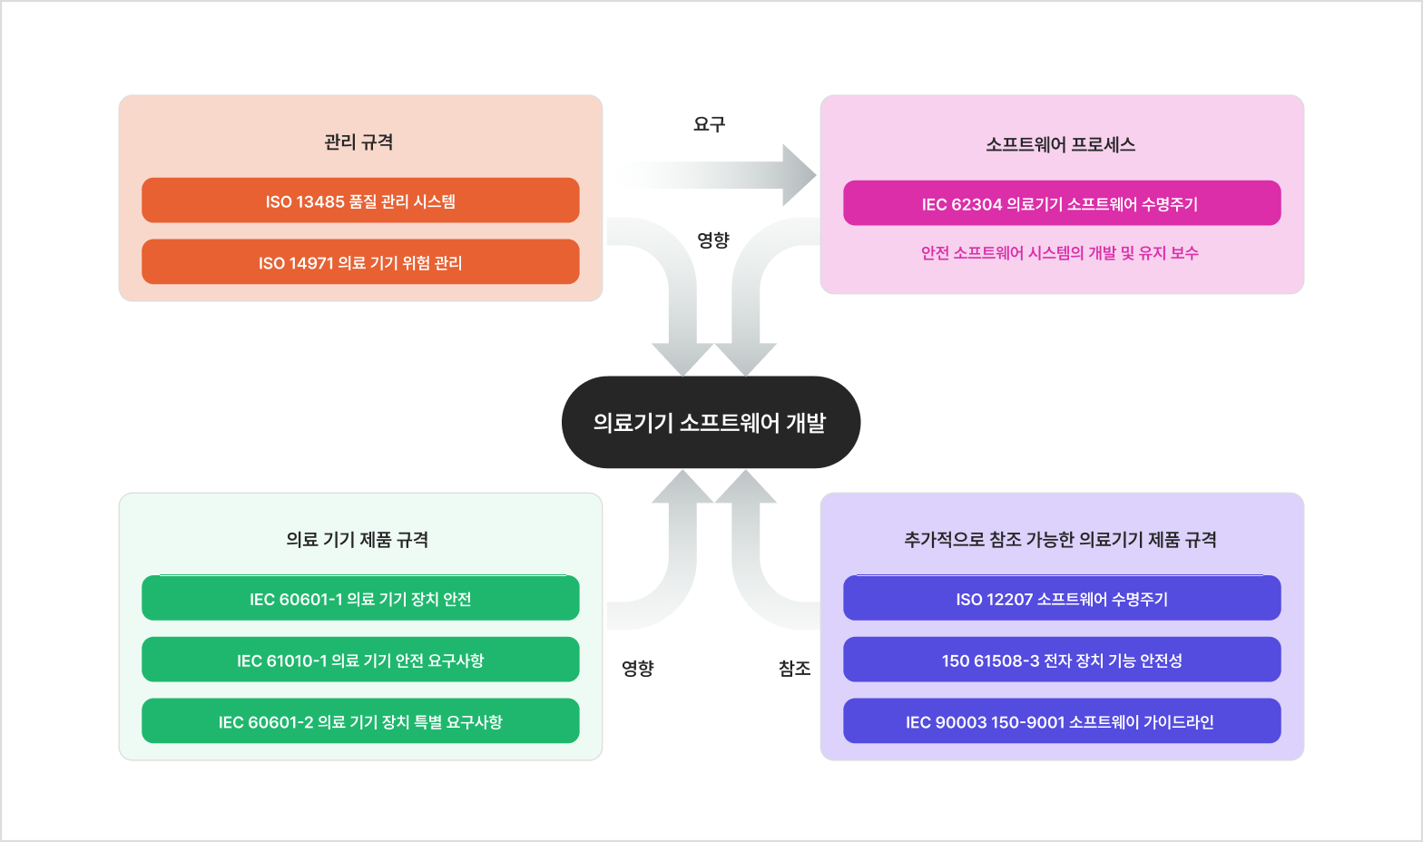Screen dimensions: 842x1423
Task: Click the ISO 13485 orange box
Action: pyautogui.click(x=360, y=201)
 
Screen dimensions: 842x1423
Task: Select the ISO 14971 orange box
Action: pyautogui.click(x=360, y=262)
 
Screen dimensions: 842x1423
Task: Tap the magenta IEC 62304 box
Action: pyautogui.click(x=1061, y=203)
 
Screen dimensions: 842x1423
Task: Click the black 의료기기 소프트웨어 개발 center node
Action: pyautogui.click(x=711, y=423)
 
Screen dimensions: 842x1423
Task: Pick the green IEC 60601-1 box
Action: pyautogui.click(x=360, y=599)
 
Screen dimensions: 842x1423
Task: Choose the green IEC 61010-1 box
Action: pyautogui.click(x=360, y=660)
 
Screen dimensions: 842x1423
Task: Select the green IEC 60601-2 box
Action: pyautogui.click(x=360, y=721)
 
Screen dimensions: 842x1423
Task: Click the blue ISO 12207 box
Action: pyautogui.click(x=1061, y=599)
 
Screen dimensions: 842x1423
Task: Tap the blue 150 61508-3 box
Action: pyautogui.click(x=1061, y=660)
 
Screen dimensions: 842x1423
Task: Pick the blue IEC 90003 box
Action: pyautogui.click(x=1061, y=721)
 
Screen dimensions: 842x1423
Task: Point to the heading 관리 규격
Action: pyautogui.click(x=358, y=142)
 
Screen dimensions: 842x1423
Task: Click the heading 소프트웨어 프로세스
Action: pyautogui.click(x=1060, y=144)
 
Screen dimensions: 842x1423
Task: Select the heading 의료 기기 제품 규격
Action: pyautogui.click(x=358, y=540)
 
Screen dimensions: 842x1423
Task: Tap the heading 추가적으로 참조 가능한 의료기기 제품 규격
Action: pyautogui.click(x=1060, y=540)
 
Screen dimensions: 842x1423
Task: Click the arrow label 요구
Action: pyautogui.click(x=709, y=124)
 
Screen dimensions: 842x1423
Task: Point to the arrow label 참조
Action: pyautogui.click(x=794, y=669)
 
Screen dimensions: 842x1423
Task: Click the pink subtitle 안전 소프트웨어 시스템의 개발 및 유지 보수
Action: pyautogui.click(x=1059, y=253)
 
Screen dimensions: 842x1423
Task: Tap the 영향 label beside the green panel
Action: pyautogui.click(x=637, y=669)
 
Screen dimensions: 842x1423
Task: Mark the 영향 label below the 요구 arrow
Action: pyautogui.click(x=713, y=240)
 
